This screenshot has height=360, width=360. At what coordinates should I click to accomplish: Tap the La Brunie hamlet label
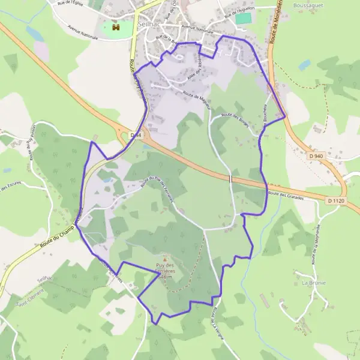pyautogui.click(x=313, y=282)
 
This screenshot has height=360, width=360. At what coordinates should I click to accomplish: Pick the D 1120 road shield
pyautogui.click(x=338, y=200)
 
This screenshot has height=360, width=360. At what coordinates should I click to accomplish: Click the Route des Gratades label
pyautogui.click(x=286, y=195)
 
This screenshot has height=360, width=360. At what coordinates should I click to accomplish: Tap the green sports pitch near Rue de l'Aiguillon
pyautogui.click(x=242, y=19)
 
